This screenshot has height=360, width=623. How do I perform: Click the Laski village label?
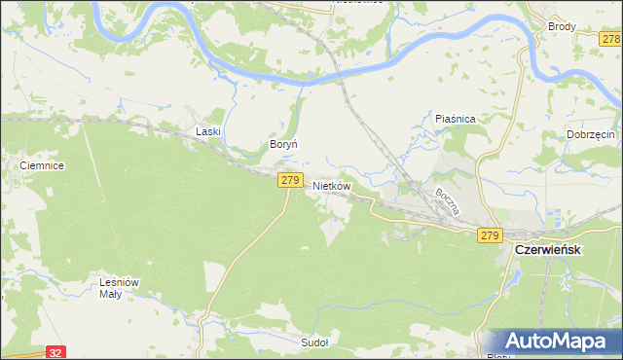pos(209,130)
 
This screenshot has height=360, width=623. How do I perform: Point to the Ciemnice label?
pos(42,166)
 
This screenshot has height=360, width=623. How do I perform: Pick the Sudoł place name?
pos(314,343)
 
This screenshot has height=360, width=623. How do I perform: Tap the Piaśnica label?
pos(455,119)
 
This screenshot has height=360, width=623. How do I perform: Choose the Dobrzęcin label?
pos(590,134)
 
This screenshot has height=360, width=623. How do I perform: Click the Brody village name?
pos(562,28)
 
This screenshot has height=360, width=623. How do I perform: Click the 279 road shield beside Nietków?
pos(289,180)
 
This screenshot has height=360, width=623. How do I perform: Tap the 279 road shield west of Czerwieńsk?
pos(489,235)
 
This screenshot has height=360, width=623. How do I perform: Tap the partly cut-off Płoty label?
pos(497,356)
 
